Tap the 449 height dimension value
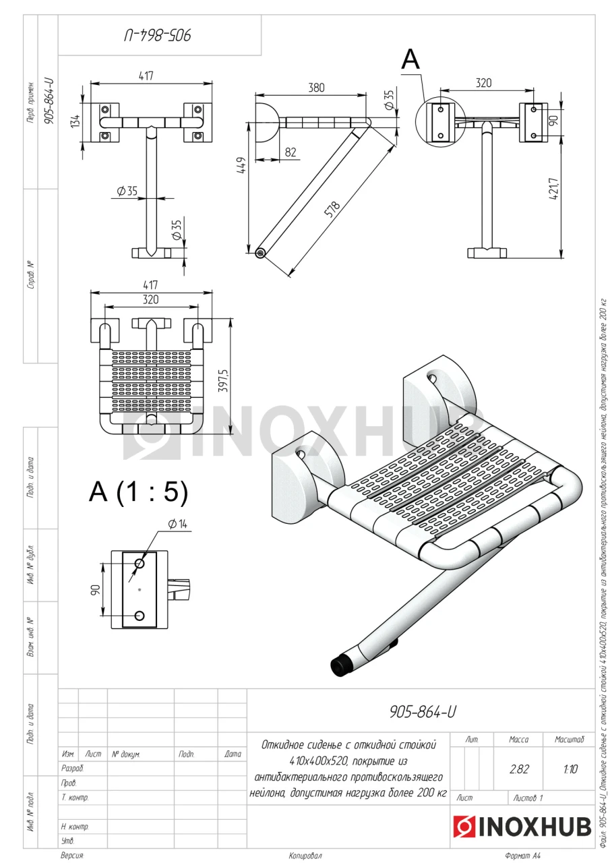click(x=241, y=165)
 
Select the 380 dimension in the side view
click(x=316, y=88)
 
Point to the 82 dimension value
click(x=291, y=152)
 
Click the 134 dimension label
click(x=76, y=121)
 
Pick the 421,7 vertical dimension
click(x=554, y=188)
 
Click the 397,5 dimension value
click(x=223, y=381)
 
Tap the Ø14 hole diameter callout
click(x=177, y=524)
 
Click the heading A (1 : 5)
click(x=138, y=492)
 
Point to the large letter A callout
click(x=410, y=60)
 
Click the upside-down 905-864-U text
click(x=158, y=36)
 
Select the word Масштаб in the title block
click(x=569, y=740)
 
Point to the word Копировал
click(x=305, y=856)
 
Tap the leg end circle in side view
click(x=260, y=253)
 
